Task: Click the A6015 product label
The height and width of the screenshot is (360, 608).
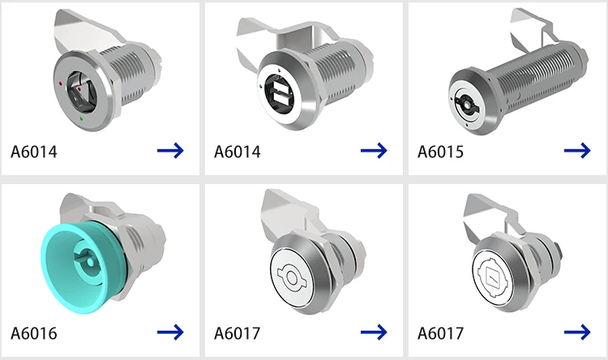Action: (x=442, y=152)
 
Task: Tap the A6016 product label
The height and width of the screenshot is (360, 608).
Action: (x=34, y=333)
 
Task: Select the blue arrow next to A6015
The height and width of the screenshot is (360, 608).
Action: (x=577, y=151)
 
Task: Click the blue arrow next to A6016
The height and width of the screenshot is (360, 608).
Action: (x=171, y=332)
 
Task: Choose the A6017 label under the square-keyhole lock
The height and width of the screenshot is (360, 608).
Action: (x=441, y=333)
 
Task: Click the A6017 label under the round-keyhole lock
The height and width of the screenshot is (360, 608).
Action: (x=238, y=333)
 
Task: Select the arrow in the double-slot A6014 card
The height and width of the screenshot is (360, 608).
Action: (x=374, y=151)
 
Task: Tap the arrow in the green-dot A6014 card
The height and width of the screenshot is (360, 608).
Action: (x=171, y=151)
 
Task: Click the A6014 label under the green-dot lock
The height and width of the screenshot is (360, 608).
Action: (x=35, y=152)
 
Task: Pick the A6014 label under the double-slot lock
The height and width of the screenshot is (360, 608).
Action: (x=238, y=152)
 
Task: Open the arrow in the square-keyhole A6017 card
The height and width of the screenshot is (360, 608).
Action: (x=577, y=332)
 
